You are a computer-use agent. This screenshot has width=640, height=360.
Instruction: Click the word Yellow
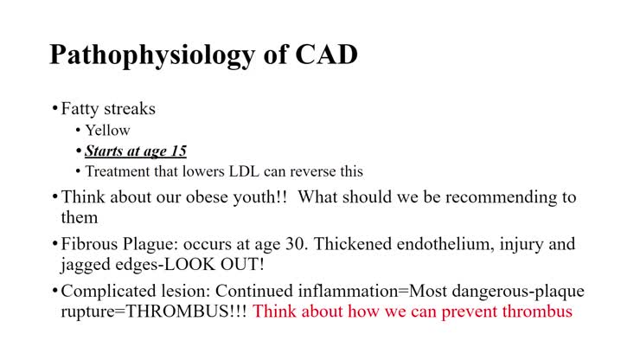pyautogui.click(x=107, y=131)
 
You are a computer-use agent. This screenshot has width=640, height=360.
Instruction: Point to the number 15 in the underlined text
pyautogui.click(x=177, y=151)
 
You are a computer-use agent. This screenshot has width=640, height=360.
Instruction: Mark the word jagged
pyautogui.click(x=86, y=265)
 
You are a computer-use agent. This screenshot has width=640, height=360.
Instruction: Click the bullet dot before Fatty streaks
pyautogui.click(x=54, y=109)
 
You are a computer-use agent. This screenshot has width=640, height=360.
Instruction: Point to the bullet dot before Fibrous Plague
pyautogui.click(x=54, y=245)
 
